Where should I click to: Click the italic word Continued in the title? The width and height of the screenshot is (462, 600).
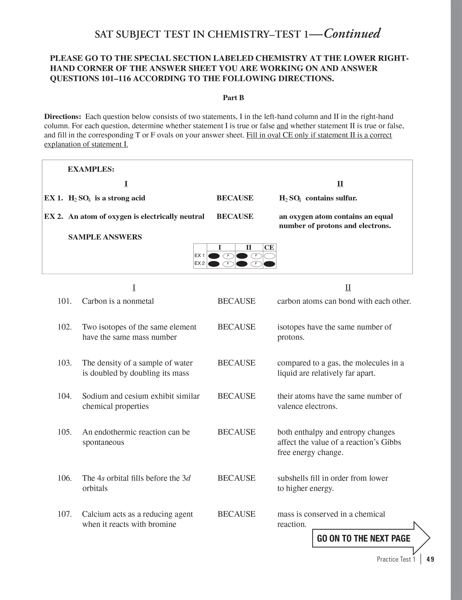(352, 34)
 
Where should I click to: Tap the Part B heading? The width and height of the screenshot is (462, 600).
(233, 98)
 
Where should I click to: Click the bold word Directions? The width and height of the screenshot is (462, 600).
(62, 116)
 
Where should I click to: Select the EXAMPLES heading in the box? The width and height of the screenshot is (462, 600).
(91, 169)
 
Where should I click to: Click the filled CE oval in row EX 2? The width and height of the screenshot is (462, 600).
(269, 264)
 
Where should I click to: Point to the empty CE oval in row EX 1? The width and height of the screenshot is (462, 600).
(269, 256)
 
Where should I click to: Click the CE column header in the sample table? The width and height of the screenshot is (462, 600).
(269, 248)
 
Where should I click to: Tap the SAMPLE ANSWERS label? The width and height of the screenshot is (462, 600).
(105, 237)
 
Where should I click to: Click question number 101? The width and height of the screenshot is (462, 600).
(64, 301)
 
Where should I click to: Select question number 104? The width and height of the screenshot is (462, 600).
(64, 396)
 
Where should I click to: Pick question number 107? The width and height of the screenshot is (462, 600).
(64, 514)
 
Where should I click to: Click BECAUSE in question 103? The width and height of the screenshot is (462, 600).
(236, 363)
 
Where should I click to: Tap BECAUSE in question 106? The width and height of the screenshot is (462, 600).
(236, 478)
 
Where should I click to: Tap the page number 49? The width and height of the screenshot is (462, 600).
(430, 559)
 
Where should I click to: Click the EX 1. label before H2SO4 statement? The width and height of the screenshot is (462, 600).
(54, 198)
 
